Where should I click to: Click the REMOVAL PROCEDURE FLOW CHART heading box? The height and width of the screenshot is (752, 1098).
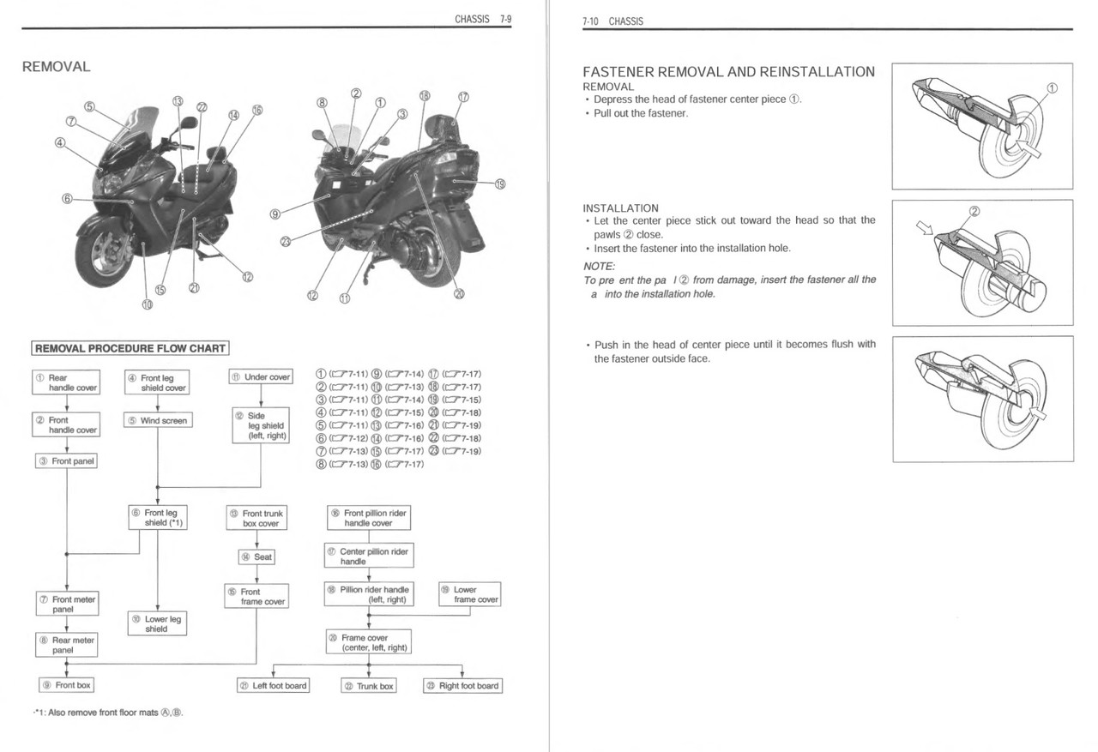pyautogui.click(x=130, y=348)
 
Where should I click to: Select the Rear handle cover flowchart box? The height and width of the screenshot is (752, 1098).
pyautogui.click(x=67, y=382)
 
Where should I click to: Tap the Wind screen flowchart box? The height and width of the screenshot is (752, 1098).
pyautogui.click(x=158, y=420)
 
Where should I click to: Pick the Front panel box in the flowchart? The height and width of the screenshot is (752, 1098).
pyautogui.click(x=67, y=460)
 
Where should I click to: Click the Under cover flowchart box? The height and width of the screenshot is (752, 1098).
pyautogui.click(x=262, y=376)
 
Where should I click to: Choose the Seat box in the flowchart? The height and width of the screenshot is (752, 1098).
pyautogui.click(x=257, y=556)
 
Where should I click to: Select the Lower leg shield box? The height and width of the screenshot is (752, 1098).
pyautogui.click(x=157, y=623)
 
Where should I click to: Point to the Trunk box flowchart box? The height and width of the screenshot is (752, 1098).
pyautogui.click(x=368, y=685)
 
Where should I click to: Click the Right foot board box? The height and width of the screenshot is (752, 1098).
pyautogui.click(x=462, y=685)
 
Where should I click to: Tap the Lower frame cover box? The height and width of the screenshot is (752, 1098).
pyautogui.click(x=469, y=594)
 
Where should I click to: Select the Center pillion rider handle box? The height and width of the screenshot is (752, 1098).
pyautogui.click(x=369, y=556)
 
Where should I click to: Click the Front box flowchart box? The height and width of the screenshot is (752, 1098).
pyautogui.click(x=67, y=685)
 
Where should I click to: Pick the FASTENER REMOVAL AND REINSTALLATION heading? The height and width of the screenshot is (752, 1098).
pyautogui.click(x=728, y=72)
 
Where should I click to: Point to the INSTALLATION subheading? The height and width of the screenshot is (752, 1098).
pyautogui.click(x=620, y=208)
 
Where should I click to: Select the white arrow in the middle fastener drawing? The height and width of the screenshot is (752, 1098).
pyautogui.click(x=923, y=227)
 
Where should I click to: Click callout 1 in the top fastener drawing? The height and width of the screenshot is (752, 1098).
pyautogui.click(x=1053, y=87)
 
